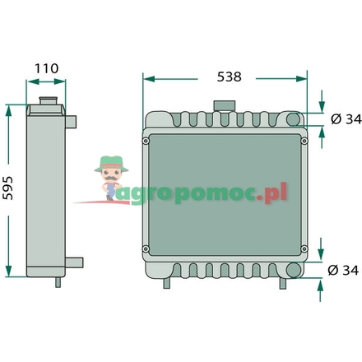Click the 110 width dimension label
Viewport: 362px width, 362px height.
[x=46, y=69]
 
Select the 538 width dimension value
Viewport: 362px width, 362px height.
[x=229, y=77]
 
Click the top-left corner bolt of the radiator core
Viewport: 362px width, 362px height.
[x=146, y=140]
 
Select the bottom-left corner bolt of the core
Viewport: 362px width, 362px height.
[x=146, y=248]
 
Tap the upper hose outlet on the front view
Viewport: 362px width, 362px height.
[x=316, y=120]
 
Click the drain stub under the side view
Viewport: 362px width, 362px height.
[x=58, y=281]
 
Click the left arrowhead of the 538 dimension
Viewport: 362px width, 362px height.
[x=146, y=77]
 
